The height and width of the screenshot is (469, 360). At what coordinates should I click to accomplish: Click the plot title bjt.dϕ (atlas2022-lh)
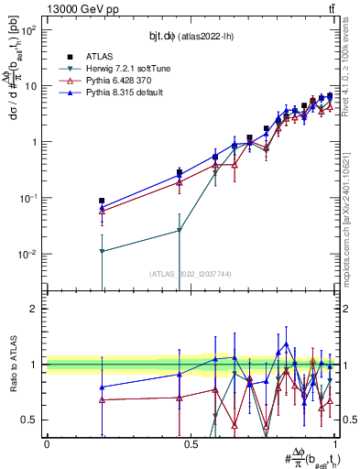(190, 35)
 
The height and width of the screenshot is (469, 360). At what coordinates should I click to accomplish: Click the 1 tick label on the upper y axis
(35, 143)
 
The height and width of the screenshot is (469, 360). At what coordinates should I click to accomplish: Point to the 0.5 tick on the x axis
(191, 444)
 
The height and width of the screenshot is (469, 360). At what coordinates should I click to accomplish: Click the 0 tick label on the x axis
(47, 444)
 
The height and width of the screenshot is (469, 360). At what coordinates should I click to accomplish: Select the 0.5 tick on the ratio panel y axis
(30, 420)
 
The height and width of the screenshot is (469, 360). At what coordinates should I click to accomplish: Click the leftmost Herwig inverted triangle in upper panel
(102, 251)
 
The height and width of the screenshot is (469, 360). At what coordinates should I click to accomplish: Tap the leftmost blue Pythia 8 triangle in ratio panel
(102, 387)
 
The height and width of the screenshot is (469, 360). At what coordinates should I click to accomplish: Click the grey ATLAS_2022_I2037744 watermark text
(190, 274)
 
